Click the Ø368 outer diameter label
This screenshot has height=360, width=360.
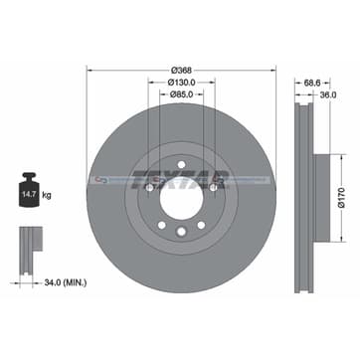coord(181,71)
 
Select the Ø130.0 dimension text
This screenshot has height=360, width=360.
coord(181,82)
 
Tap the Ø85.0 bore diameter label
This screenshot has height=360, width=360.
coord(182,94)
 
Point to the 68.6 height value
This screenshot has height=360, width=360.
coord(312,83)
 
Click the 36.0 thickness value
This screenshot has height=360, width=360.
coord(329,94)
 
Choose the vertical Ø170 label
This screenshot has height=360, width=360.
coord(342,198)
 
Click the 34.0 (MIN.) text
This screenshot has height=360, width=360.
coord(66,282)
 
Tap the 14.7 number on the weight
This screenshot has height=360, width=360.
coord(29,194)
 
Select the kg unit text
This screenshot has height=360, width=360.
coord(47,195)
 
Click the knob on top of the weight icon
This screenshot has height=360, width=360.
coord(29,176)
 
